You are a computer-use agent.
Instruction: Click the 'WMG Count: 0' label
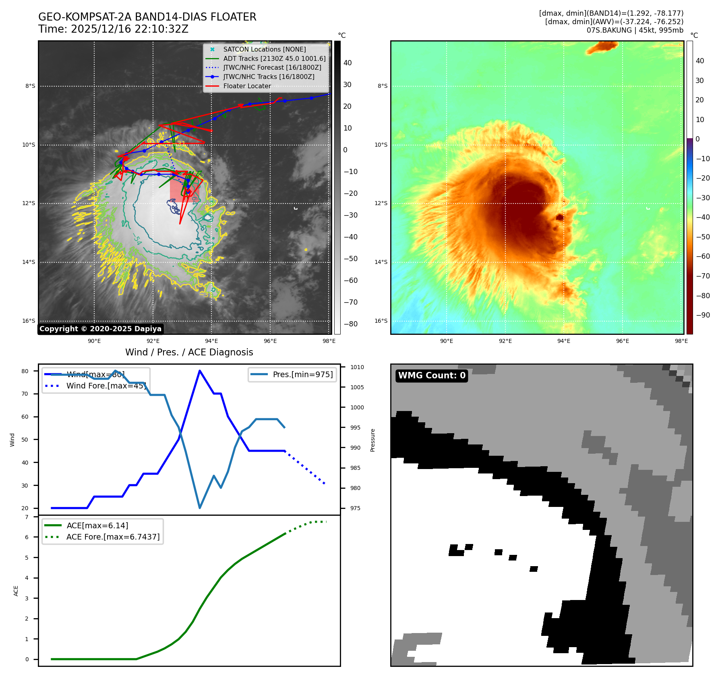(432, 376)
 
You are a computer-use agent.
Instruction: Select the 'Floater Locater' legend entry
(247, 86)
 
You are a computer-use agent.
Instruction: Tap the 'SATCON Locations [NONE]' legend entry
(264, 49)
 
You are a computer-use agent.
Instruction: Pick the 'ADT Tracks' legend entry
(274, 58)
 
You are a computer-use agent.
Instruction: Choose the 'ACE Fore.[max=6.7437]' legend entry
(113, 537)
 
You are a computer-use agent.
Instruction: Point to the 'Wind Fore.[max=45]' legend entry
(106, 386)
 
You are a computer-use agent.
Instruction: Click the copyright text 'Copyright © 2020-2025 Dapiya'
(100, 329)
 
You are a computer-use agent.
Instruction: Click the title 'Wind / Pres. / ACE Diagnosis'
(189, 352)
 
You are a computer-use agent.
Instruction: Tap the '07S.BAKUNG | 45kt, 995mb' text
(635, 30)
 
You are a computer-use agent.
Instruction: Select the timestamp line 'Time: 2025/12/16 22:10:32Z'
(113, 29)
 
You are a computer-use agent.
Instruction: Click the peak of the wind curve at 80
(200, 371)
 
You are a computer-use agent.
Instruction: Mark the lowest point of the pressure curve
(200, 508)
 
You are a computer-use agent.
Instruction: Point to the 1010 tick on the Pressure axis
(357, 367)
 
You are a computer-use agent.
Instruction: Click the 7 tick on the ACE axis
(27, 517)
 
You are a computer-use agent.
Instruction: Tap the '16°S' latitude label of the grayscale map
(29, 321)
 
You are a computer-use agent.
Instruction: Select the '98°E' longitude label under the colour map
(681, 341)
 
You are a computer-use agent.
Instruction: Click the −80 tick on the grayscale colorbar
(350, 324)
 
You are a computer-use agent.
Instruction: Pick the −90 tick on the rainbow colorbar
(703, 315)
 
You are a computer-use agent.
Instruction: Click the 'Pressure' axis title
(372, 440)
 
